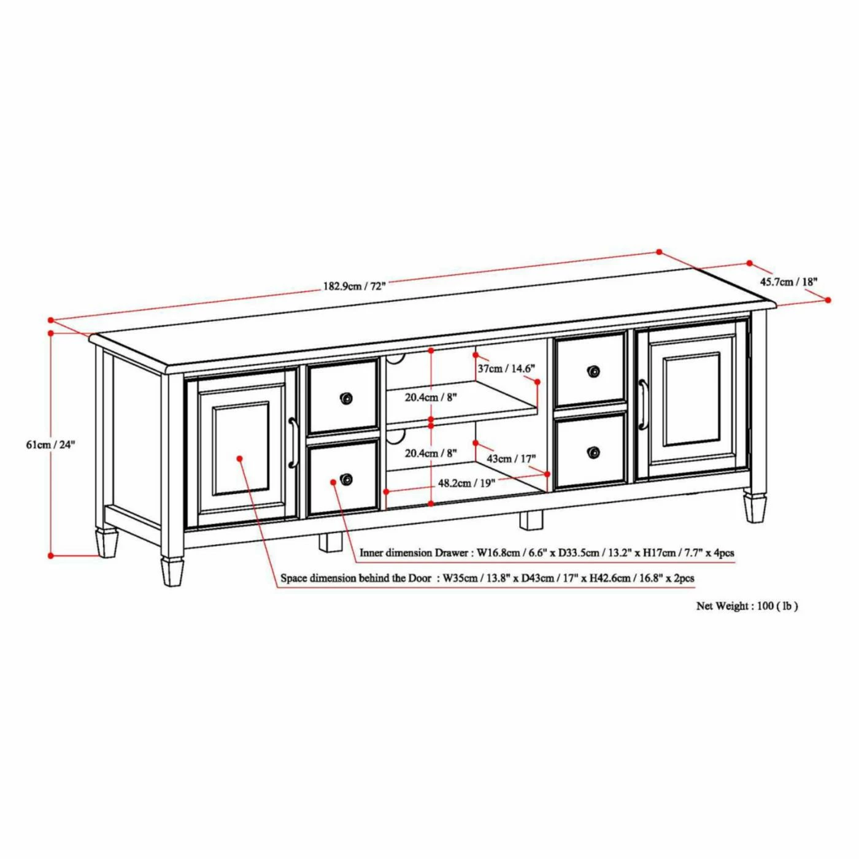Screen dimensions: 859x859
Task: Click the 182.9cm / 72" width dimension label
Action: point(354,286)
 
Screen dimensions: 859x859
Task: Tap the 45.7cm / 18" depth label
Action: point(788,281)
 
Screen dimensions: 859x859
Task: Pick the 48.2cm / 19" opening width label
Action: point(467,483)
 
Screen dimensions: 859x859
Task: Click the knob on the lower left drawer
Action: point(345,479)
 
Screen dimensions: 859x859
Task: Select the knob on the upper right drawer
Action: point(593,371)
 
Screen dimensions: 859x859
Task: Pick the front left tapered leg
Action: point(172,571)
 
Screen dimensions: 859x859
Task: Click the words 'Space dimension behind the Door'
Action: point(356,579)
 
